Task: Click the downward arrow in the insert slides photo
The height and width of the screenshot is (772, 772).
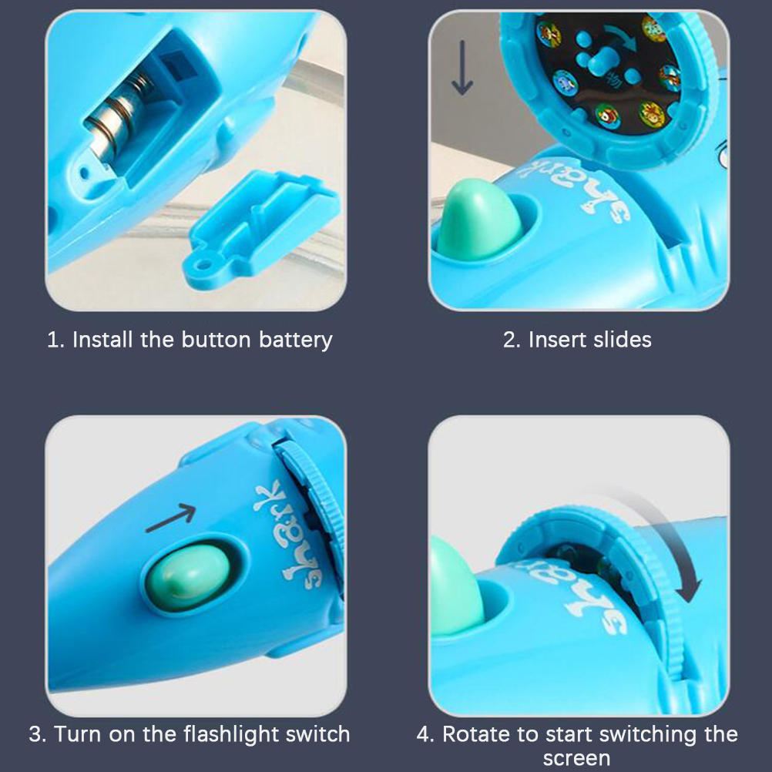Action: (462, 68)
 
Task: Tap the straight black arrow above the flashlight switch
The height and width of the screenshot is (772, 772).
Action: (171, 518)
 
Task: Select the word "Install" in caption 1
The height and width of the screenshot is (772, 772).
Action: (103, 339)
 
